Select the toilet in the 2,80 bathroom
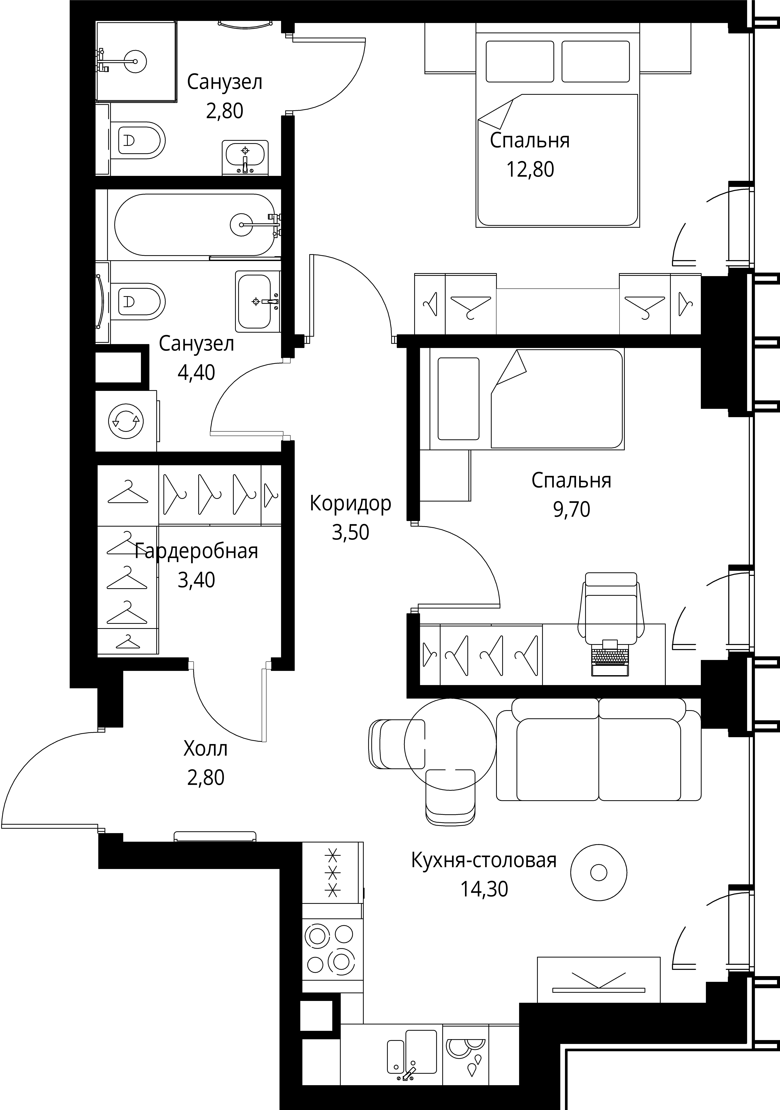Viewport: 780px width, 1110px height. click(138, 140)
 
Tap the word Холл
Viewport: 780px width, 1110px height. click(206, 749)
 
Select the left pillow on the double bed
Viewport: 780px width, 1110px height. click(520, 61)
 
